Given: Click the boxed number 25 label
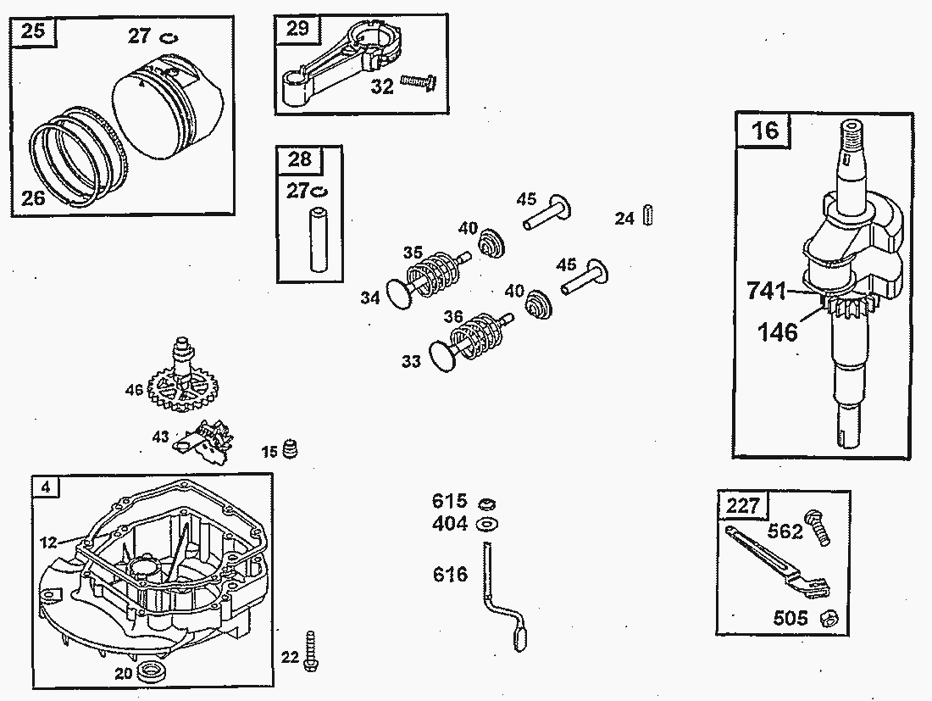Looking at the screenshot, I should (x=33, y=32).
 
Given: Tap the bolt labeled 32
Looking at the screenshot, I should (x=418, y=81).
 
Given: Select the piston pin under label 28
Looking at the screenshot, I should (x=319, y=240).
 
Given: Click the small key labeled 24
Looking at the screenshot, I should (x=649, y=214).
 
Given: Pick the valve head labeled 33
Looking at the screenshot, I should (x=441, y=356).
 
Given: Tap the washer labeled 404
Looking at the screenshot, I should (x=486, y=524).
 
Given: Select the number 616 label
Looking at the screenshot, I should (x=449, y=575).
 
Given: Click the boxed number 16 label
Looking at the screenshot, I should (x=764, y=131).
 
